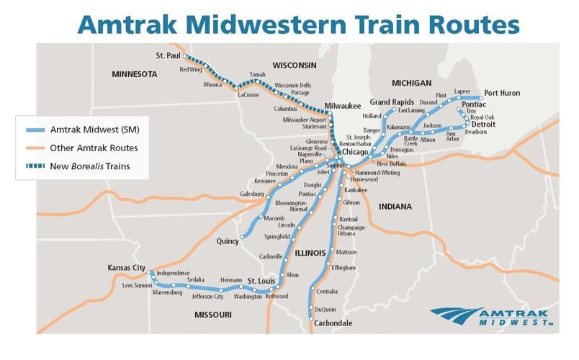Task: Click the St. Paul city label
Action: pos(169,55)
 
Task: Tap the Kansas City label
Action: pos(126,268)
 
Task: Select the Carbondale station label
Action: pos(333,323)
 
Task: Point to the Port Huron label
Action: pos(501,93)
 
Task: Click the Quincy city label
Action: pos(228,241)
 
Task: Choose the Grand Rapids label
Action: pos(392,102)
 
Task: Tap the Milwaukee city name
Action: pos(342,106)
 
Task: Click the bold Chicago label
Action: pos(355,153)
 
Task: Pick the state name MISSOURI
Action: pos(212,315)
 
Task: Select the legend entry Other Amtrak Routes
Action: pos(94,148)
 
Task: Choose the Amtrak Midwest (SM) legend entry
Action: pos(94,130)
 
